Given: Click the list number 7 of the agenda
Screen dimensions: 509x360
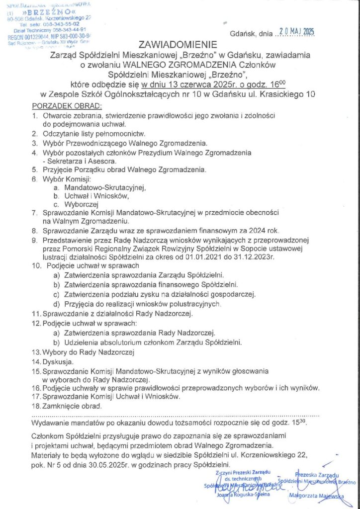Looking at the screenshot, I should coord(34,212).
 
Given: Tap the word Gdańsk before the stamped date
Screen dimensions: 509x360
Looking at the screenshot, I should coord(242,34).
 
